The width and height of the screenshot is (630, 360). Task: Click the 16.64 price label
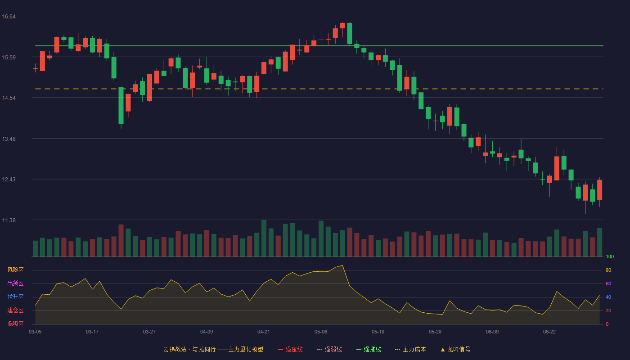pyautogui.click(x=9, y=17)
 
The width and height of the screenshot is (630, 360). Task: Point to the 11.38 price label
pyautogui.click(x=9, y=220)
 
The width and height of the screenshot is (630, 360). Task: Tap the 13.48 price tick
pyautogui.click(x=9, y=139)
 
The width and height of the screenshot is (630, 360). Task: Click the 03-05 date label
pyautogui.click(x=35, y=332)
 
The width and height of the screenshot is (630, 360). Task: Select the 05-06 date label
pyautogui.click(x=321, y=332)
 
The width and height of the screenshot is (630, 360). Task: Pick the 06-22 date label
pyautogui.click(x=549, y=332)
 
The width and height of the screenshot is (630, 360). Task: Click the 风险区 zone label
pyautogui.click(x=15, y=270)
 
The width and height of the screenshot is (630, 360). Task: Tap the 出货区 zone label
pyautogui.click(x=15, y=283)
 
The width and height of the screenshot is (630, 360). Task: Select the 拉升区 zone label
pyautogui.click(x=15, y=297)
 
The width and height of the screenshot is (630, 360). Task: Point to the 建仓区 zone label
pyautogui.click(x=15, y=310)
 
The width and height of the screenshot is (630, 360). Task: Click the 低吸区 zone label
pyautogui.click(x=15, y=324)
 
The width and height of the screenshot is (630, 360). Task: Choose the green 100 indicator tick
pyautogui.click(x=610, y=256)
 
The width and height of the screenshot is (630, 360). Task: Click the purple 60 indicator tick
pyautogui.click(x=608, y=283)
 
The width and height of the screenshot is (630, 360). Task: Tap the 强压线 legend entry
pyautogui.click(x=290, y=349)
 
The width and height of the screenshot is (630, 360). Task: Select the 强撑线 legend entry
pyautogui.click(x=369, y=349)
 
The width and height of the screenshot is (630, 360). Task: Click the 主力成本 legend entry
pyautogui.click(x=410, y=349)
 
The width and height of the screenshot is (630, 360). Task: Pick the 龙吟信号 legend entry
pyautogui.click(x=455, y=349)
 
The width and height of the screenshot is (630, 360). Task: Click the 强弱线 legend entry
pyautogui.click(x=329, y=349)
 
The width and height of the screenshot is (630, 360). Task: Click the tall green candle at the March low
pyautogui.click(x=121, y=105)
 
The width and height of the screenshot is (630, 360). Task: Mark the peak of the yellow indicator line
pyautogui.click(x=342, y=265)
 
